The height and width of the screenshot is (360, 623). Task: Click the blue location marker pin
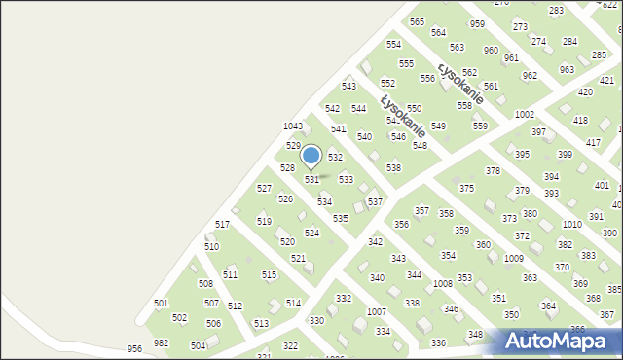pos(311,156)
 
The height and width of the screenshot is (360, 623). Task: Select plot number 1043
pos(293,126)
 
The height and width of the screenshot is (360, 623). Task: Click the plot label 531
pos(312,180)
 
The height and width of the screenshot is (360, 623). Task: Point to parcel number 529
pos(293,145)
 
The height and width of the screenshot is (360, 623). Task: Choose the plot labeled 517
pos(223,225)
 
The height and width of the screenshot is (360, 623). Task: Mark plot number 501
pos(161,304)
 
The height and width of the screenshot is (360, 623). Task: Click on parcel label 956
pos(134,348)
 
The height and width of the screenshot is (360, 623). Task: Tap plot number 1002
pos(525,115)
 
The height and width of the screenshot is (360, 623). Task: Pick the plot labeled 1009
pos(514,258)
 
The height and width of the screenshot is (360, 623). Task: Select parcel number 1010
pos(572,224)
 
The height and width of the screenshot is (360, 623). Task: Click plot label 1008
pos(443,283)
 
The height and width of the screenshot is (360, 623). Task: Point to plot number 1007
pos(377,311)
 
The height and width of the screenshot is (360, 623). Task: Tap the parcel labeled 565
pos(417,21)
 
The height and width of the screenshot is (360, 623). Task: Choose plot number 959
pos(477,23)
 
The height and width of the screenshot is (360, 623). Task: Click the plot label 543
pos(348,87)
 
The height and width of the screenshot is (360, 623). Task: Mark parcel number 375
pos(466,188)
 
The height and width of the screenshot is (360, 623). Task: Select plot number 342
pos(375,241)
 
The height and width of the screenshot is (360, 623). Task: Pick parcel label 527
pos(264,188)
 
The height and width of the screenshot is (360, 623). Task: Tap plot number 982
pos(161,342)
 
